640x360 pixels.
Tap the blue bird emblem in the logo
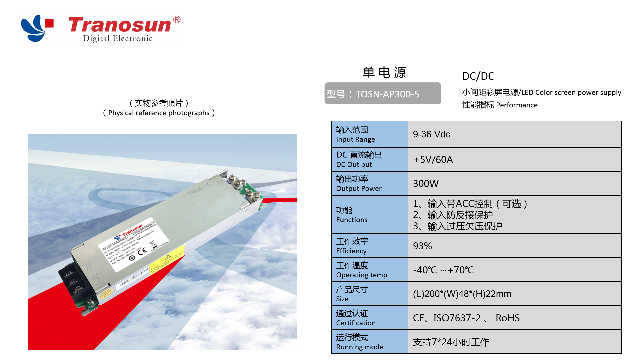coord(33,28)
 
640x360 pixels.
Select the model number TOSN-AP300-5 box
coord(383,94)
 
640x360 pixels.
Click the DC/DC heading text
coord(478,76)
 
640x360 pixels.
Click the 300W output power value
coord(426,184)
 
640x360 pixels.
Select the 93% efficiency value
coord(422,246)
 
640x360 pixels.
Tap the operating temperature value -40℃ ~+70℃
coord(443,270)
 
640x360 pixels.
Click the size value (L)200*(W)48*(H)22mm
coord(462,294)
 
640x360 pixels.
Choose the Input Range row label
coord(355,134)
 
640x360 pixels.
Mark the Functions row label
coord(352,215)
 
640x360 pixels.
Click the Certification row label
coord(356,318)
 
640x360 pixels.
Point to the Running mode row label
coord(359,342)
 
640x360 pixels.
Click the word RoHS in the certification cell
coord(507,318)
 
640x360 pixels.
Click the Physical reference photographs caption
coord(159,113)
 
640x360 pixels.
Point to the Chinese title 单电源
coord(384,72)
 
